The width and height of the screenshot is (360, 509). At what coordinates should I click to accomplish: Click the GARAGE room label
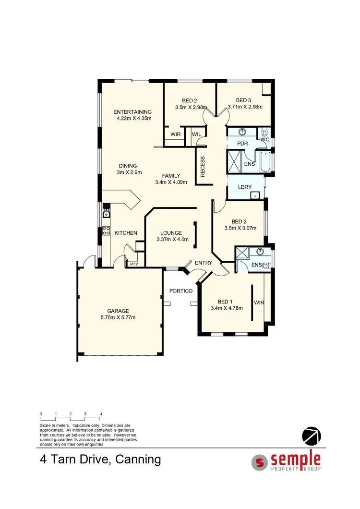coord(118,311)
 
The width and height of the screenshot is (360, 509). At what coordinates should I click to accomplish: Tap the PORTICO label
coord(181,291)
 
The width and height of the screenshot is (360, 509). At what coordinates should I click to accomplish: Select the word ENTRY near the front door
coord(204,263)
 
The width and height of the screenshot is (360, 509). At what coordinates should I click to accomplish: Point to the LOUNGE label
coord(171,233)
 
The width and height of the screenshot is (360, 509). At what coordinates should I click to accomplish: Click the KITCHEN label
coord(126,233)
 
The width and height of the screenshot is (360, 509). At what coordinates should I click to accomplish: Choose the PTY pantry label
coord(132,264)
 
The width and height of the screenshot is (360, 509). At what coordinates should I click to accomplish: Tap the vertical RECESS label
coord(203,167)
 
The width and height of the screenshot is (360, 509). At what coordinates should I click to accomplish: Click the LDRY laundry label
coord(245,187)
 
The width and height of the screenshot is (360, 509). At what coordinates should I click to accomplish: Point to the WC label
coord(264,139)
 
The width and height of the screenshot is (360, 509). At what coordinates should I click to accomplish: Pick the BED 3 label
coord(244,100)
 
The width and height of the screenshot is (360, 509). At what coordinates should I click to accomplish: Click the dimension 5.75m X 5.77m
coord(118,317)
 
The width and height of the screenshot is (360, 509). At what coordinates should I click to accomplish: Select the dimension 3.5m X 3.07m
coord(238,228)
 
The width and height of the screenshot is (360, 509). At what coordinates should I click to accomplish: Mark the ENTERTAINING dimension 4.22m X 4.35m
coord(134,118)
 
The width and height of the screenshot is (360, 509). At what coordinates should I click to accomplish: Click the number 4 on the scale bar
coord(101,413)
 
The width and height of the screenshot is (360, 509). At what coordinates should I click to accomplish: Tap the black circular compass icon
coord(311,436)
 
